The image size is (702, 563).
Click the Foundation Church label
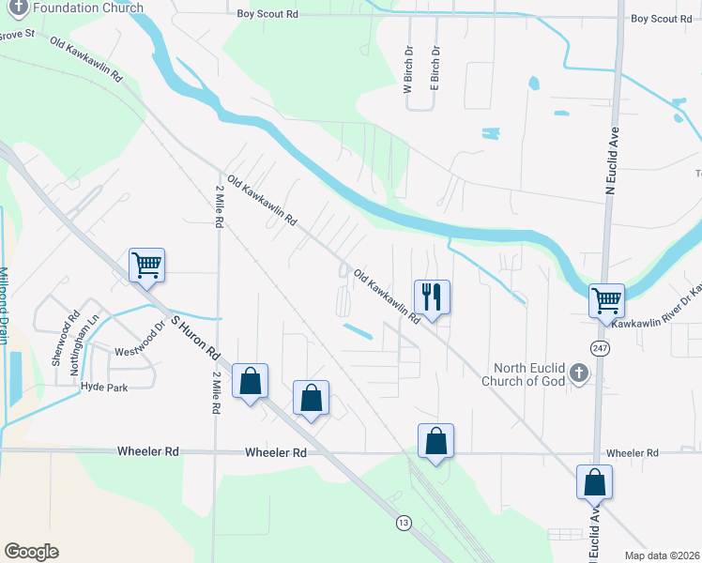click(89, 8)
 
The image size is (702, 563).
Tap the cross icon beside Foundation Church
click(16, 7)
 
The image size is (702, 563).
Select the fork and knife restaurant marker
click(432, 297)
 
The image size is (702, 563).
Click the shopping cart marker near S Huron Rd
click(146, 266)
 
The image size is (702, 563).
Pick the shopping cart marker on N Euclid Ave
click(606, 300)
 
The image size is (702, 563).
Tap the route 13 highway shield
click(404, 522)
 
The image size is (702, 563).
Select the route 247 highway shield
click(599, 347)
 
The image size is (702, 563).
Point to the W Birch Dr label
click(408, 71)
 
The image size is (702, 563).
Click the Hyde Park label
click(103, 387)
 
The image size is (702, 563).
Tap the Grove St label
click(16, 35)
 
